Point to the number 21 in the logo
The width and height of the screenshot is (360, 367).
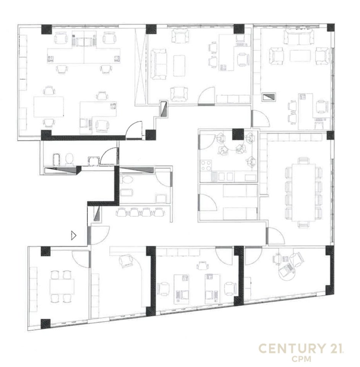click(x=336, y=348)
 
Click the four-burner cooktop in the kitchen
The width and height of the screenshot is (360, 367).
click(x=206, y=166)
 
